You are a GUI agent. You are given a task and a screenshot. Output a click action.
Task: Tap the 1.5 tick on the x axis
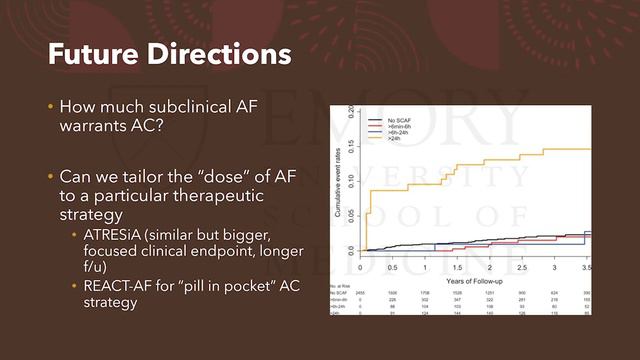(x=457, y=269)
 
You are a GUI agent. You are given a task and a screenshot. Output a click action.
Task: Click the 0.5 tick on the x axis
(x=393, y=269)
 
